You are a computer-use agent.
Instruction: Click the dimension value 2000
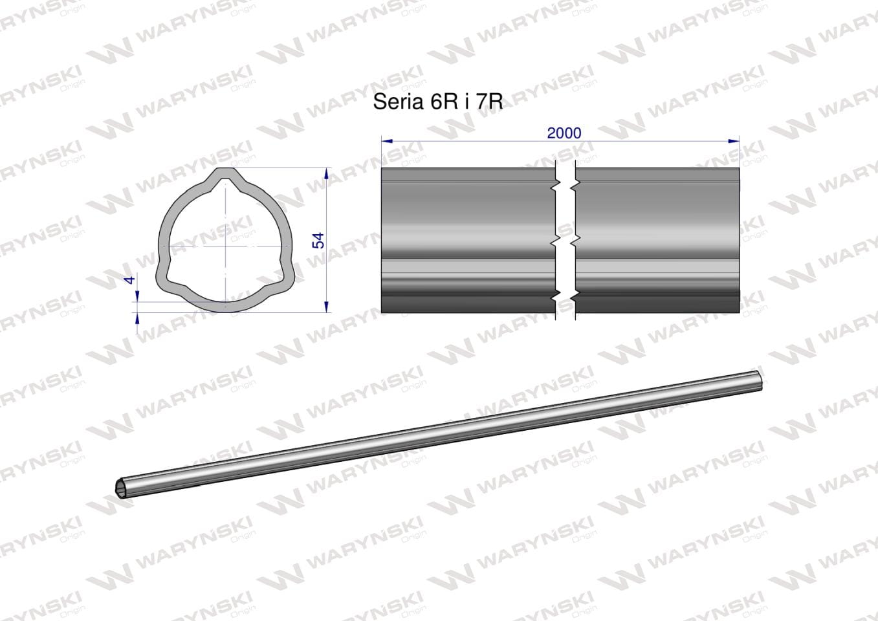(x=564, y=134)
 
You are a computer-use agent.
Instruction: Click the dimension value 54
(x=318, y=240)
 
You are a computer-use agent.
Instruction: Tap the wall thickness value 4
(x=130, y=279)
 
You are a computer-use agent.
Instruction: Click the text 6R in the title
(x=444, y=102)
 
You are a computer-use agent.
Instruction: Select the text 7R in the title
(x=489, y=102)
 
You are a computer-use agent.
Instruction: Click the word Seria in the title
(x=398, y=102)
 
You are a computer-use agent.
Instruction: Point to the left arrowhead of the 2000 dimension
(x=387, y=141)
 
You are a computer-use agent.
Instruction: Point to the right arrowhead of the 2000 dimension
(x=734, y=141)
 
